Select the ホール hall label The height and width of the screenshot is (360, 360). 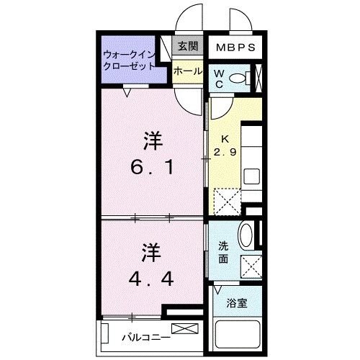[x=188, y=71]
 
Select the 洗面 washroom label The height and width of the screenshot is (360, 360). [x=224, y=252]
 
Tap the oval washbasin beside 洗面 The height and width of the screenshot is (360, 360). [x=245, y=237]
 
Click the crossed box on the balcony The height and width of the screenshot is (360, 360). [x=183, y=329]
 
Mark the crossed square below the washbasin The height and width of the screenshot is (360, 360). [x=251, y=266]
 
